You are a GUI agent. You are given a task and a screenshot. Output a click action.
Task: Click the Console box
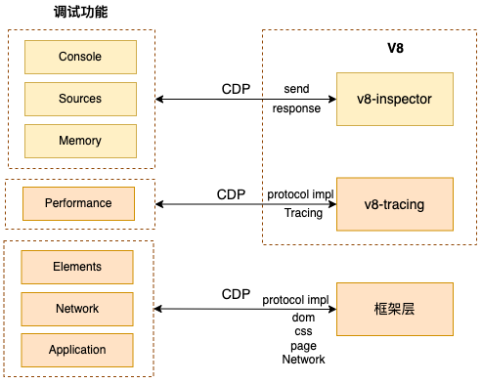pyautogui.click(x=79, y=57)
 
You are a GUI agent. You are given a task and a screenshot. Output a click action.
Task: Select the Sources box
pyautogui.click(x=79, y=99)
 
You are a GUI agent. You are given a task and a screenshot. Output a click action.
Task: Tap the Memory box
pyautogui.click(x=79, y=141)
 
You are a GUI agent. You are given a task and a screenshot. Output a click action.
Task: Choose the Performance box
pyautogui.click(x=78, y=203)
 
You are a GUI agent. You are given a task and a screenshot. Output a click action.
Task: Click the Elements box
pyautogui.click(x=77, y=266)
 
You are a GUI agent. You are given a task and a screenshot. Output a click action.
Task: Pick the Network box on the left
pyautogui.click(x=77, y=308)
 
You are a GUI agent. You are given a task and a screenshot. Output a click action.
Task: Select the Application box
pyautogui.click(x=77, y=350)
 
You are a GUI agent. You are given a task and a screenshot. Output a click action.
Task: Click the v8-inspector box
pyautogui.click(x=395, y=99)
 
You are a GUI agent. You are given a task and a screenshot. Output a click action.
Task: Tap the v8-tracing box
pyautogui.click(x=395, y=204)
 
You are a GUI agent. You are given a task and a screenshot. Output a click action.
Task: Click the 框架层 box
pyautogui.click(x=395, y=309)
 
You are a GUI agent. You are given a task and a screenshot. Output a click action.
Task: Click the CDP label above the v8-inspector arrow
pyautogui.click(x=236, y=89)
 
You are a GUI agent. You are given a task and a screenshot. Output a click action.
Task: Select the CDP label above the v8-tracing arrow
pyautogui.click(x=232, y=194)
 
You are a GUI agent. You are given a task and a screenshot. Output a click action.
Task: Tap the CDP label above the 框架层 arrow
pyautogui.click(x=236, y=293)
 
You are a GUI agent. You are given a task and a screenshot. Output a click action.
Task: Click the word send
pyautogui.click(x=296, y=89)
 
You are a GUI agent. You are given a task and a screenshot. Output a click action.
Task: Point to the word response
pyautogui.click(x=296, y=108)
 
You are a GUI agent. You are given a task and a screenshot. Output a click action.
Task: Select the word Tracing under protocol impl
pyautogui.click(x=303, y=213)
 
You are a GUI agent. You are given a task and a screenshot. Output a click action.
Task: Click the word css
pyautogui.click(x=303, y=331)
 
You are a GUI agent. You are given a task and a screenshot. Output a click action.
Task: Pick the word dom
pyautogui.click(x=303, y=318)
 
